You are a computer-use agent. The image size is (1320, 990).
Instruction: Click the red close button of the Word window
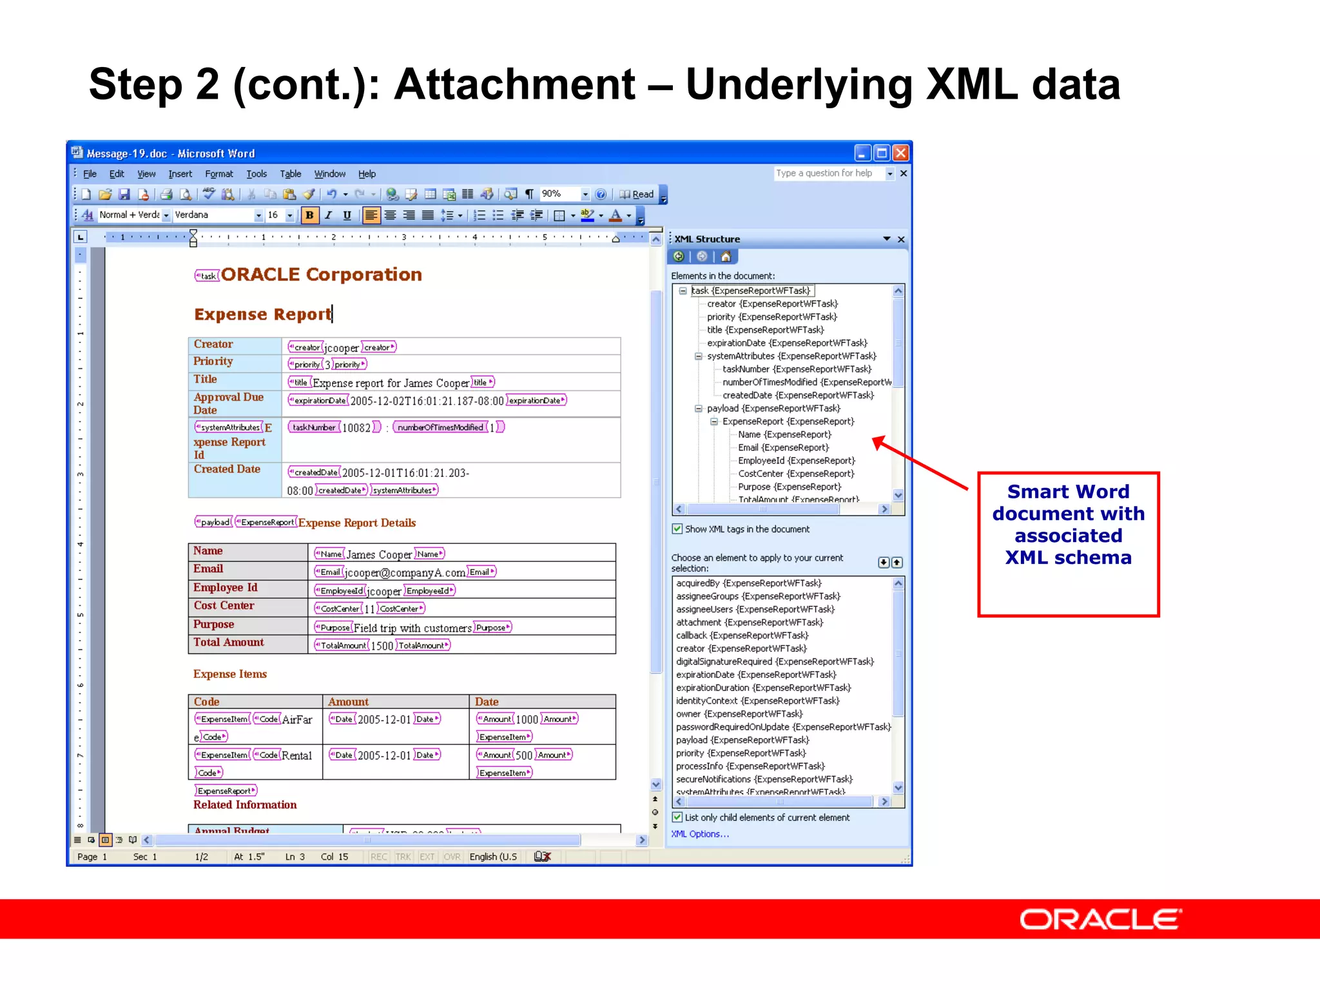tap(900, 153)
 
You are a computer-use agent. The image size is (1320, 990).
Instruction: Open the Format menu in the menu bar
tap(218, 174)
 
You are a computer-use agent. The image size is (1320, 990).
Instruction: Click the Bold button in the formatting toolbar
tap(309, 215)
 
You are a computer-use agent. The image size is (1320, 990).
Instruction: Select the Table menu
tap(290, 174)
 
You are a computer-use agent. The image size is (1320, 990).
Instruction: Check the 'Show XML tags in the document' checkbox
tap(677, 529)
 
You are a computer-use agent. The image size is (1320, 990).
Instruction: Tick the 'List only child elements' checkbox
tap(677, 817)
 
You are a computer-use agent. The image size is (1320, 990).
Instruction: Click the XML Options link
tap(699, 834)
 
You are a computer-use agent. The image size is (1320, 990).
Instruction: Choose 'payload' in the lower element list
tap(742, 740)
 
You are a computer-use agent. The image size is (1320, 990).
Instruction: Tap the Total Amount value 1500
tap(382, 646)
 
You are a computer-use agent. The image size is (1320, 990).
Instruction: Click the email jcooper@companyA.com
tap(404, 572)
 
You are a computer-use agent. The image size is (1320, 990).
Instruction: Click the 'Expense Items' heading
tap(230, 674)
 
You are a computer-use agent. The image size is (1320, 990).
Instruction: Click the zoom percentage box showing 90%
tap(558, 194)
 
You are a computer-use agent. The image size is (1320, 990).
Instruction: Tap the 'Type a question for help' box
tap(828, 173)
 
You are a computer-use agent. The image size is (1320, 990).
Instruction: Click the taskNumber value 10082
tap(356, 427)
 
